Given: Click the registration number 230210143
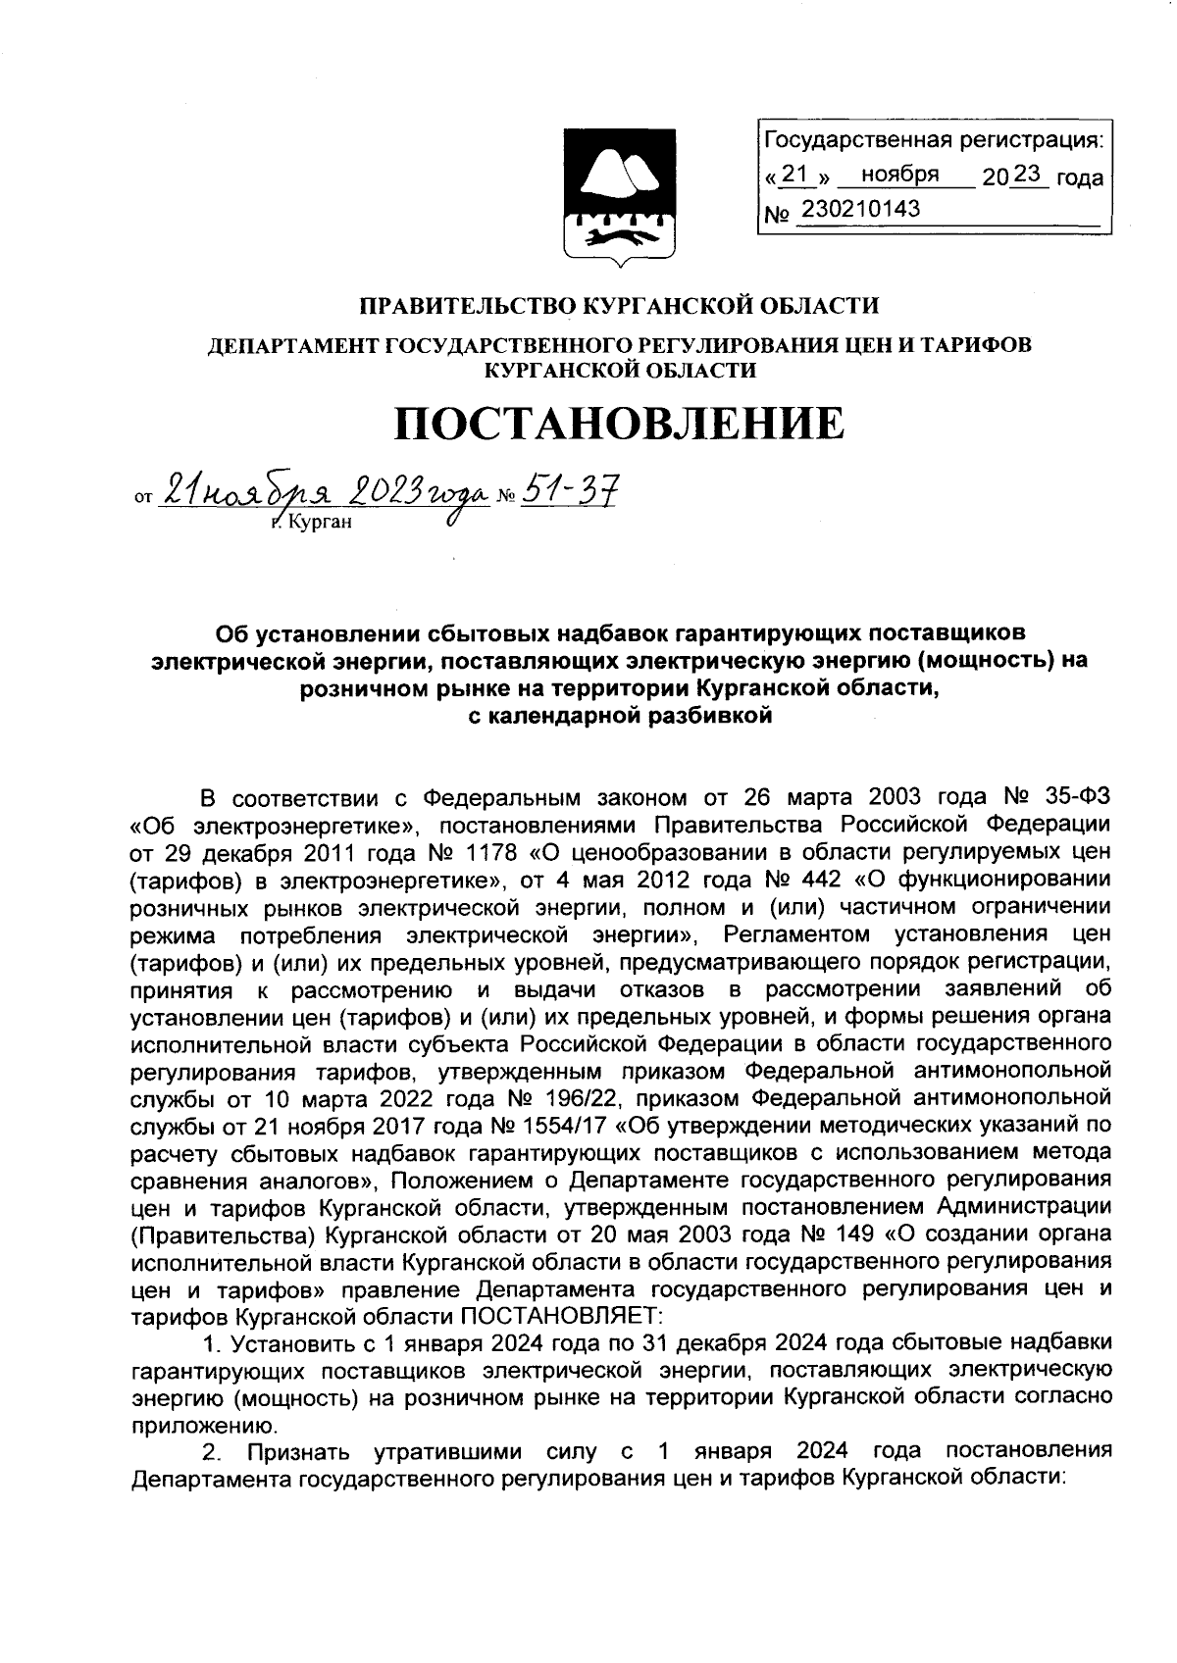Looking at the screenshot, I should pos(860,209).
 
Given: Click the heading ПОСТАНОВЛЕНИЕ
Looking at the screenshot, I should pos(618,424).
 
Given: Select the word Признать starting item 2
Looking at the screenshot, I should pos(295,1450).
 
